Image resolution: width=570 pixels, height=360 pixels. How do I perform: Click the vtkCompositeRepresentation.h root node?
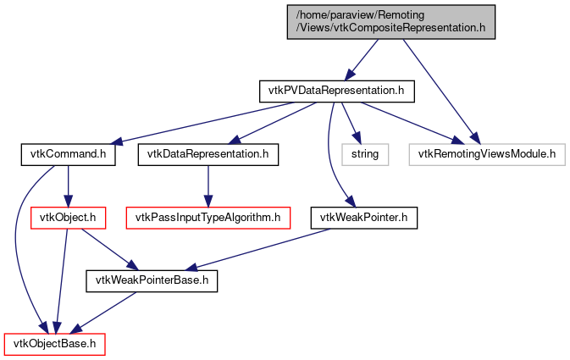click(x=390, y=20)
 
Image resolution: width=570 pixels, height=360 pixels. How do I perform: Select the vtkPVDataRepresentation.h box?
click(x=330, y=90)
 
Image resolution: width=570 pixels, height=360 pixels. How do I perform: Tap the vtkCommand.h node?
click(x=67, y=154)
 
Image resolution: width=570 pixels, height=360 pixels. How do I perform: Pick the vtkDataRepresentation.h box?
click(x=208, y=154)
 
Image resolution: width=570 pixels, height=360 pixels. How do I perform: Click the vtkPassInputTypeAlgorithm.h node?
click(x=208, y=218)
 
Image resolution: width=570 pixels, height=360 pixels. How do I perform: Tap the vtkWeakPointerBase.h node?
click(x=152, y=280)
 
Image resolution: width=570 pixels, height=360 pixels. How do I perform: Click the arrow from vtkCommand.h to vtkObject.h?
click(x=67, y=186)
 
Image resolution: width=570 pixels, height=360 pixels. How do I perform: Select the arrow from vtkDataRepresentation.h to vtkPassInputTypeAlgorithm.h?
click(x=208, y=186)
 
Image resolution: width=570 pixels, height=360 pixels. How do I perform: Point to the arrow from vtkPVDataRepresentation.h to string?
click(x=349, y=122)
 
